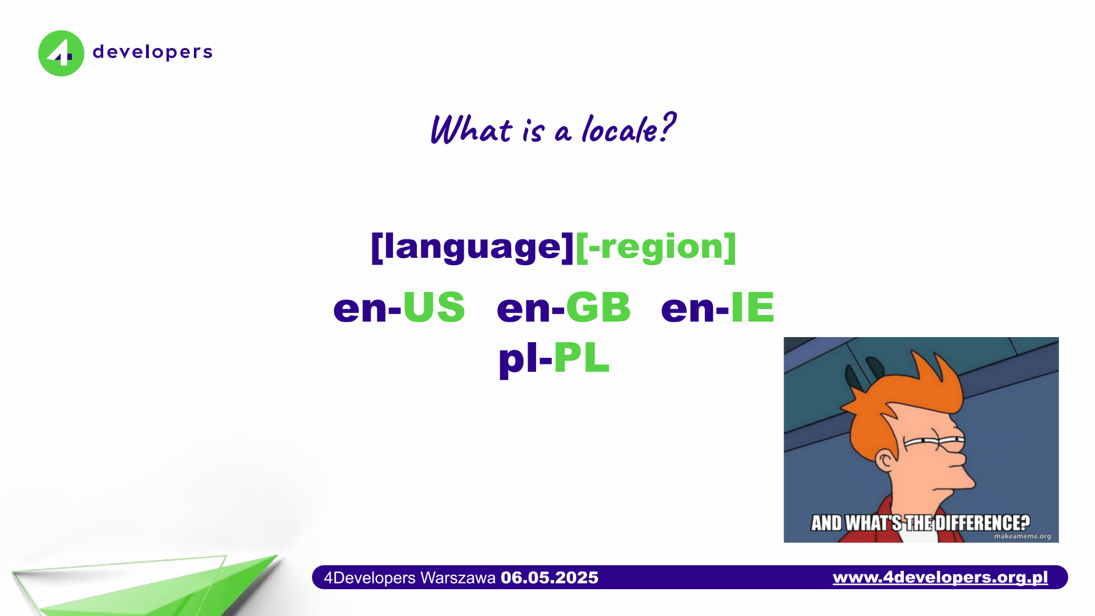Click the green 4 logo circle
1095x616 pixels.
click(61, 53)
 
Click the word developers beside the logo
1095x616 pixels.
click(152, 52)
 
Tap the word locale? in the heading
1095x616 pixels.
click(628, 129)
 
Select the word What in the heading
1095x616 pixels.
click(471, 129)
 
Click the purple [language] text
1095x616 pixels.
click(472, 246)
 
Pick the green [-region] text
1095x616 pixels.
click(656, 246)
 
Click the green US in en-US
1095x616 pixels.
click(434, 307)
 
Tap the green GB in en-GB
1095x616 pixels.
click(598, 307)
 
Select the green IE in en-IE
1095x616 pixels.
click(752, 307)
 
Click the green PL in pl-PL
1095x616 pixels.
click(581, 358)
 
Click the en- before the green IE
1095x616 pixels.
click(695, 309)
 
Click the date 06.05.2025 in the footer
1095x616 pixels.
click(549, 578)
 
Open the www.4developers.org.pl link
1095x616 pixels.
click(940, 577)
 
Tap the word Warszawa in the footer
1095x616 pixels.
click(457, 578)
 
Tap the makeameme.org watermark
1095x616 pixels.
click(1022, 536)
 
